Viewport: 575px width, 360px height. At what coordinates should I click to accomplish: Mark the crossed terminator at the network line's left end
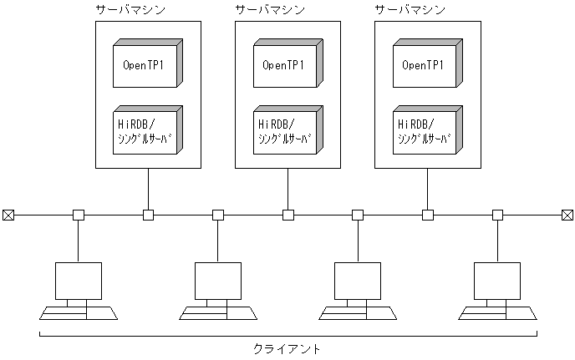(x=8, y=215)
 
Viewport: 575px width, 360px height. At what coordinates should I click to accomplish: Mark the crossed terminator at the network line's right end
(x=567, y=215)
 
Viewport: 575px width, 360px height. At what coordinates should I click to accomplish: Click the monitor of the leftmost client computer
(x=78, y=281)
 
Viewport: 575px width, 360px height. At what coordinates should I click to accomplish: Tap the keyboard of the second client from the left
(x=218, y=313)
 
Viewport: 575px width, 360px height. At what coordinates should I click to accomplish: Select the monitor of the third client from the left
(x=357, y=281)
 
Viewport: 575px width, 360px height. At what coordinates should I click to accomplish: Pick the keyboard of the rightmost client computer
(x=497, y=313)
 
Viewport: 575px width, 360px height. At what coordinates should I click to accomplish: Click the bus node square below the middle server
(x=287, y=215)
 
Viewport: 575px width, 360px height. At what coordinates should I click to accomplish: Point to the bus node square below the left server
(x=148, y=215)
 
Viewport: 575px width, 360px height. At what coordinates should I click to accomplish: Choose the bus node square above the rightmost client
(x=497, y=215)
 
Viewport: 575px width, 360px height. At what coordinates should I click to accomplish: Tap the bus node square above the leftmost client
(x=78, y=215)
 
